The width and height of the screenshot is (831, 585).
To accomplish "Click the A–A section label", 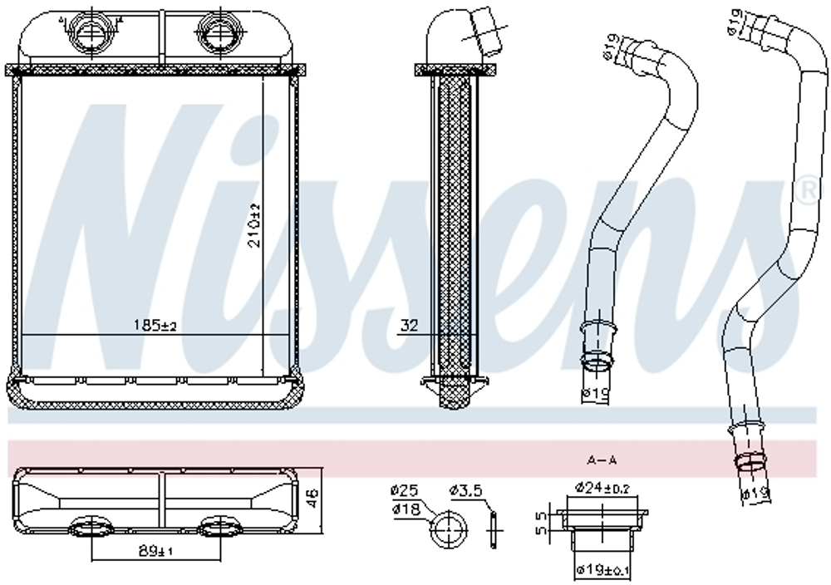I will pyautogui.click(x=602, y=459).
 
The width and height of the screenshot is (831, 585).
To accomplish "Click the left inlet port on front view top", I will pyautogui.click(x=89, y=34).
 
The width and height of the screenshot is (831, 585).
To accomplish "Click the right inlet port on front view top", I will pyautogui.click(x=215, y=34).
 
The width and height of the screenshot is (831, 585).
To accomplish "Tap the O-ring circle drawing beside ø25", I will pyautogui.click(x=450, y=528).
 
